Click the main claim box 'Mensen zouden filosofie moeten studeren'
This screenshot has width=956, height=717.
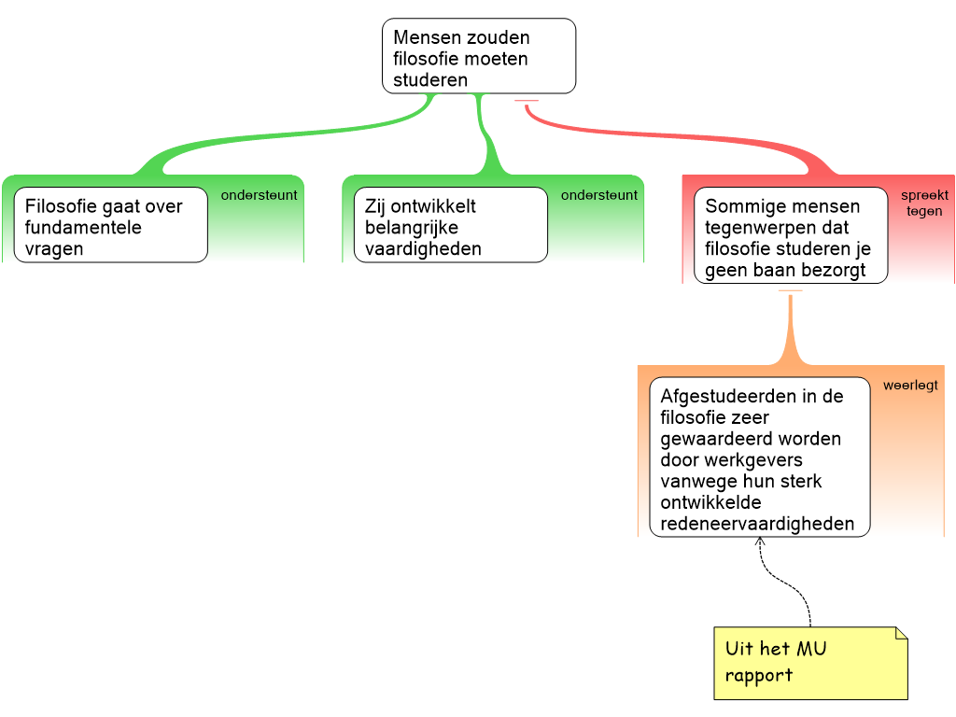(x=478, y=56)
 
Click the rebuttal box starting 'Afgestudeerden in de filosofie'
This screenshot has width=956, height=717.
(x=759, y=458)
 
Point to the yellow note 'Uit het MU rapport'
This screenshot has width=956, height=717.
(x=808, y=662)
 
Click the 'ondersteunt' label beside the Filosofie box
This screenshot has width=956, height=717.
(x=259, y=195)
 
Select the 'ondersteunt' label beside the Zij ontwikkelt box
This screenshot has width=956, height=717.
(x=598, y=195)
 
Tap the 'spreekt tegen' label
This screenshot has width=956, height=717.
(x=923, y=204)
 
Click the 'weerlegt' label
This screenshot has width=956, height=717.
(x=910, y=385)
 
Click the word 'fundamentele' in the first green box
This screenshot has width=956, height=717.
(x=83, y=228)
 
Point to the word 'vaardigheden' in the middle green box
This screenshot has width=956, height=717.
(x=423, y=249)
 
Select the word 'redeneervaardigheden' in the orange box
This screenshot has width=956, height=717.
(x=757, y=524)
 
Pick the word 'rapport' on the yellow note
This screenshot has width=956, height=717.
(x=758, y=675)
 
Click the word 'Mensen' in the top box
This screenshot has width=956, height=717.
(x=427, y=37)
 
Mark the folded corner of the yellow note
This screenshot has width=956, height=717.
(x=900, y=634)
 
